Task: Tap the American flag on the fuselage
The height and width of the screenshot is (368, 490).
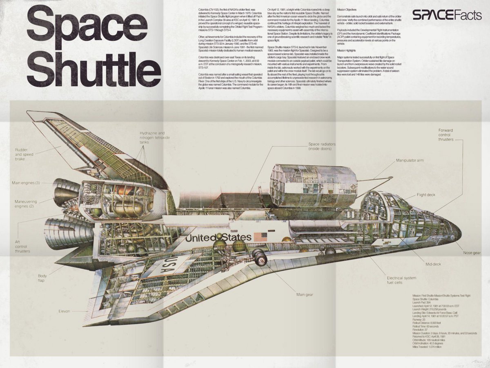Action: pos(260,236)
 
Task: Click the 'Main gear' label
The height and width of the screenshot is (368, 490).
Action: pos(306,294)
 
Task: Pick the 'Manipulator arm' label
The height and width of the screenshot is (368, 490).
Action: pos(410,161)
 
